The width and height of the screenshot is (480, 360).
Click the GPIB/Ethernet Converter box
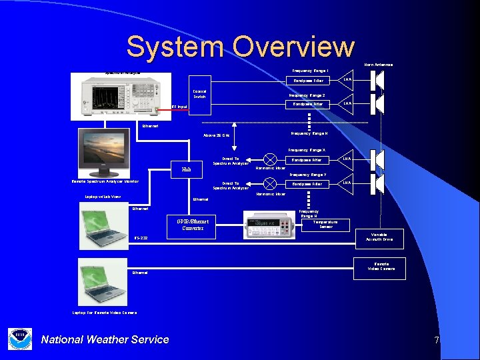click(193, 225)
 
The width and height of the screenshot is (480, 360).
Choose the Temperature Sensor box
click(326, 225)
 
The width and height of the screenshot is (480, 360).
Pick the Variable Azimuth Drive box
click(382, 237)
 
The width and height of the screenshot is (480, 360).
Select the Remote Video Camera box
click(381, 267)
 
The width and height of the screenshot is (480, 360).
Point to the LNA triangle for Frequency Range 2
click(347, 103)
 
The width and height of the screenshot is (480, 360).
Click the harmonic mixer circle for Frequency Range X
click(271, 159)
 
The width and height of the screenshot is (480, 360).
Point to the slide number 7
click(437, 340)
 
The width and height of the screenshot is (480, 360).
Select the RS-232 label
click(141, 238)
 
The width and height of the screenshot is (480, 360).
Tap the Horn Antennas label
click(378, 65)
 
